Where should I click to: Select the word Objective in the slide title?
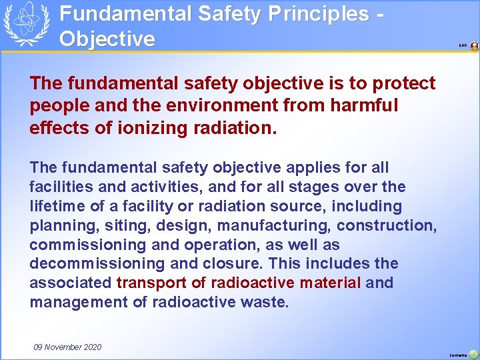[x=107, y=38]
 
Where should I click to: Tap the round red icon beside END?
[x=474, y=46]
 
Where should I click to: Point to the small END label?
[x=463, y=46]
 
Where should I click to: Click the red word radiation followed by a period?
[x=237, y=126]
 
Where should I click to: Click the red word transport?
[x=151, y=283]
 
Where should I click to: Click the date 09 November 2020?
[x=67, y=347]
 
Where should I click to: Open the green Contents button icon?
[x=473, y=354]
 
